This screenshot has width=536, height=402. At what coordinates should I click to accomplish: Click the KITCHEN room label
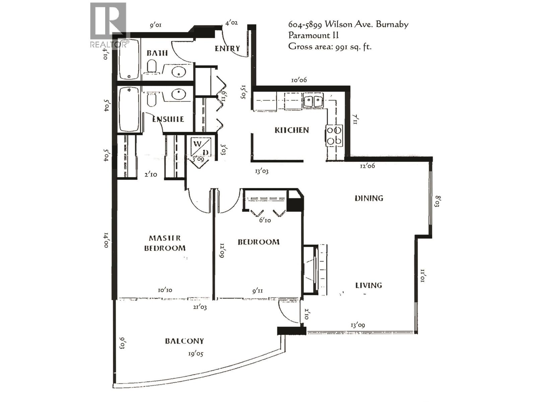pos(291,130)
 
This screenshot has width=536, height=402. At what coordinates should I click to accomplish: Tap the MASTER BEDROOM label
pos(165,243)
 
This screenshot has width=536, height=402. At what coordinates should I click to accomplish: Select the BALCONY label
pos(184,341)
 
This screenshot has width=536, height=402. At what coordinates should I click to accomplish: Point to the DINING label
pos(369,198)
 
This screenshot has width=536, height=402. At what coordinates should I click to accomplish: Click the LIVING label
pos(368,285)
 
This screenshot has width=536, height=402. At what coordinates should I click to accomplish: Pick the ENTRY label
pos(227,49)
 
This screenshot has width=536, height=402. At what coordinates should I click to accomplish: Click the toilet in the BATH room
pos(152,66)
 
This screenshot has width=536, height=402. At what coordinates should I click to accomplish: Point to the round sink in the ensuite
pos(179,94)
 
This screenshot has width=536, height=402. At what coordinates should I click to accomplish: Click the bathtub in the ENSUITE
pos(129,109)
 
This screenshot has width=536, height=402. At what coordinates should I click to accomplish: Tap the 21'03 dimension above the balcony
pos(200,307)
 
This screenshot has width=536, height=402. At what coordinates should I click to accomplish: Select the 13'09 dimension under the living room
pos(357,325)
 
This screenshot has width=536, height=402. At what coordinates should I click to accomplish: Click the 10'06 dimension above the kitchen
pos(299,80)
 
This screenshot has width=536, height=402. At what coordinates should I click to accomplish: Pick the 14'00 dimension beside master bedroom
pos(106,240)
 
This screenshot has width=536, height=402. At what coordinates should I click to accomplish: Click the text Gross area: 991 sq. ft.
pos(330,46)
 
